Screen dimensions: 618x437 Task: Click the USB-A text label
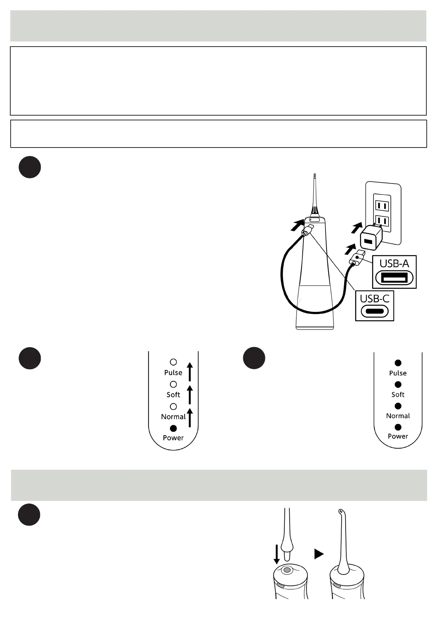pos(394,263)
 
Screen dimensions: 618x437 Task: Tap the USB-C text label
pos(374,299)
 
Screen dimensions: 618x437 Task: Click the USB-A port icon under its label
pos(394,278)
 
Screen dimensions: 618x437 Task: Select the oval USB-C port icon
pos(374,312)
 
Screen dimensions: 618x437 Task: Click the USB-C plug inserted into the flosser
pos(307,230)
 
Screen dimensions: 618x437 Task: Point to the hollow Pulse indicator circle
pos(174,362)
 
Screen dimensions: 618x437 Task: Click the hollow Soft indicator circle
pos(174,384)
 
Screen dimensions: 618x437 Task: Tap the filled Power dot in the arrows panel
pos(174,428)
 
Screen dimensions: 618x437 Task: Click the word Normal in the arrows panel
pos(173,417)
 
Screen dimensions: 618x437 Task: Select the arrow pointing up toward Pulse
pos(190,371)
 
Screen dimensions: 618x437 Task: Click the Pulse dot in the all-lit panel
pos(398,363)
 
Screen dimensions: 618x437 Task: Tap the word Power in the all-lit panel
pos(398,436)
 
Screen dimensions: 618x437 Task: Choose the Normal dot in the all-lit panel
pos(398,406)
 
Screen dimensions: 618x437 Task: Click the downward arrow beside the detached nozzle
pos(277,554)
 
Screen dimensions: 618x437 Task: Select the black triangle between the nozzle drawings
pos(319,554)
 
